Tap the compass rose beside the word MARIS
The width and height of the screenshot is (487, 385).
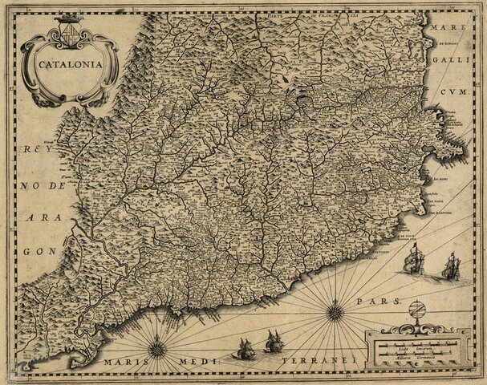157,347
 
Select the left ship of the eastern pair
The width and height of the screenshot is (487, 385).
413,257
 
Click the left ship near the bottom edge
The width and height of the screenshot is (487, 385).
246,349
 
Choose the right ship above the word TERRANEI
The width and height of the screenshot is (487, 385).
274,341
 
